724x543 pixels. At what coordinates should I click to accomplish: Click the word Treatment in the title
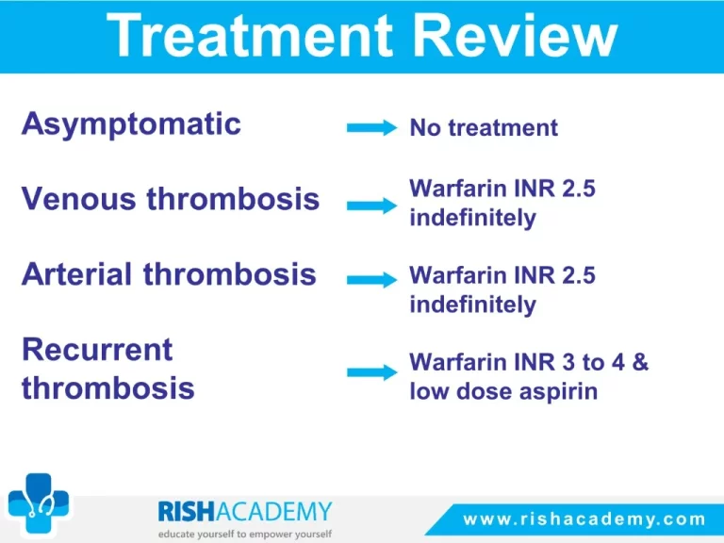point(250,35)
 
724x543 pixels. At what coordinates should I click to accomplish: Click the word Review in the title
point(516,35)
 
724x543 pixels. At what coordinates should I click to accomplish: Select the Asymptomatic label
point(131,124)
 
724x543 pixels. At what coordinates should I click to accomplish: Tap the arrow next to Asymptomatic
point(371,127)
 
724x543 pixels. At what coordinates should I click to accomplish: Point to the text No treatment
point(484,127)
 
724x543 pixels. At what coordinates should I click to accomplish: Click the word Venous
point(78,199)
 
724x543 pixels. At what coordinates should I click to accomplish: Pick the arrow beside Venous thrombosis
point(371,206)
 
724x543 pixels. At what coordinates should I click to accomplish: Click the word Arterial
point(76,273)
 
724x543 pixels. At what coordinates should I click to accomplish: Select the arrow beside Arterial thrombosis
point(371,279)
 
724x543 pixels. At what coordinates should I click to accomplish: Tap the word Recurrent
point(97,349)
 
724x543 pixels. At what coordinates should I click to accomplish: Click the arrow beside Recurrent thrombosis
point(371,371)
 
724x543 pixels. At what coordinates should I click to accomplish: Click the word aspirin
point(558,392)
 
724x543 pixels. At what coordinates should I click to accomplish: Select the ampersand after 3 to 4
point(640,362)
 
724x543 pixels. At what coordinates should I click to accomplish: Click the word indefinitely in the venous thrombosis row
point(473,219)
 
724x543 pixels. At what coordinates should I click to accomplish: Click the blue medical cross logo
point(39,502)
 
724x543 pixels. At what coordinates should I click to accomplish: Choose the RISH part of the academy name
point(186,511)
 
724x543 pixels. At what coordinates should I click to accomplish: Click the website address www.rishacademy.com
point(584,519)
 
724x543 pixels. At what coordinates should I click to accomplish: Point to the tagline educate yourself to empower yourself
point(245,535)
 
